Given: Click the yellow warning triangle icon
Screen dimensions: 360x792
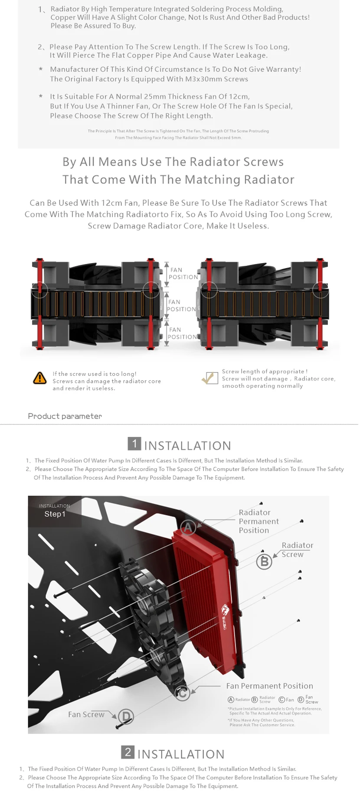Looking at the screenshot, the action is (x=40, y=378).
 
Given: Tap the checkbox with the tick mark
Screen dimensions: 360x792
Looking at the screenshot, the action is (x=210, y=378).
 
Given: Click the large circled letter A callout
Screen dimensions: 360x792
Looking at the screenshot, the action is (x=188, y=528).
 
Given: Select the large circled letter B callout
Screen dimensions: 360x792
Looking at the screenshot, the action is (x=264, y=562).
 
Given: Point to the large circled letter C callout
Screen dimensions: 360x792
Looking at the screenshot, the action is (x=183, y=693).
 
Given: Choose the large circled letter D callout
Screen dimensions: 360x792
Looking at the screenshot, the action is (x=126, y=716).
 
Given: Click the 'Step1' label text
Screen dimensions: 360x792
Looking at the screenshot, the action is (x=55, y=514).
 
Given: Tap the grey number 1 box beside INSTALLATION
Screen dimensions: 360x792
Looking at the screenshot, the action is (x=134, y=443).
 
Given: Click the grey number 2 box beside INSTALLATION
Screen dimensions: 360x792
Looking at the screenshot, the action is (x=128, y=752).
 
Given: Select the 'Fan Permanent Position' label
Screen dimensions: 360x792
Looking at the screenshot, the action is (x=269, y=686).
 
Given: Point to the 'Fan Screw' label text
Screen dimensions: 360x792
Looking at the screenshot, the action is (x=86, y=714).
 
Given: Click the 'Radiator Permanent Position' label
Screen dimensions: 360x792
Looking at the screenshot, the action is (x=259, y=521).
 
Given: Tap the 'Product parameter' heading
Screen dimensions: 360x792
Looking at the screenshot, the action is (x=65, y=416).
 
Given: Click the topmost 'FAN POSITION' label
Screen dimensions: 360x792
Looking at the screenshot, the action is (x=183, y=273).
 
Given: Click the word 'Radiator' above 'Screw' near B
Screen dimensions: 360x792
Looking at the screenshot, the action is (x=297, y=545).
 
